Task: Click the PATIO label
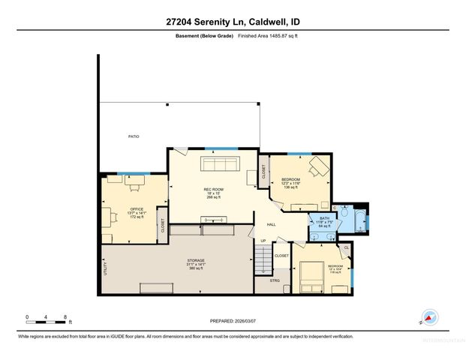coord(133,136)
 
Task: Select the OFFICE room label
coord(137,208)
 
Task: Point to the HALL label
coord(272,223)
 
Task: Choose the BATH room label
coord(324,218)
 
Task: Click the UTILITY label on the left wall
coord(104,268)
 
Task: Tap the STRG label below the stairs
coord(276,280)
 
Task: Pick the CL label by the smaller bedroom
coord(346,248)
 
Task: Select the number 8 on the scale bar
coord(66,316)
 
